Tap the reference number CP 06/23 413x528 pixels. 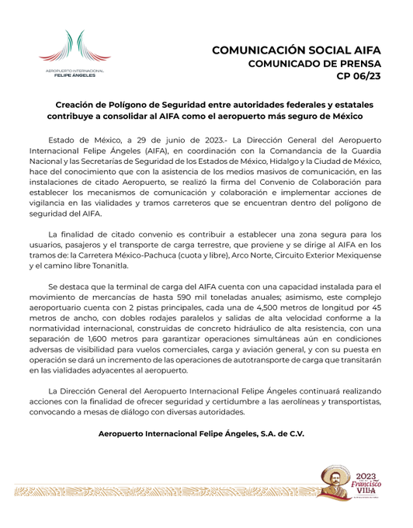(x=359, y=78)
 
